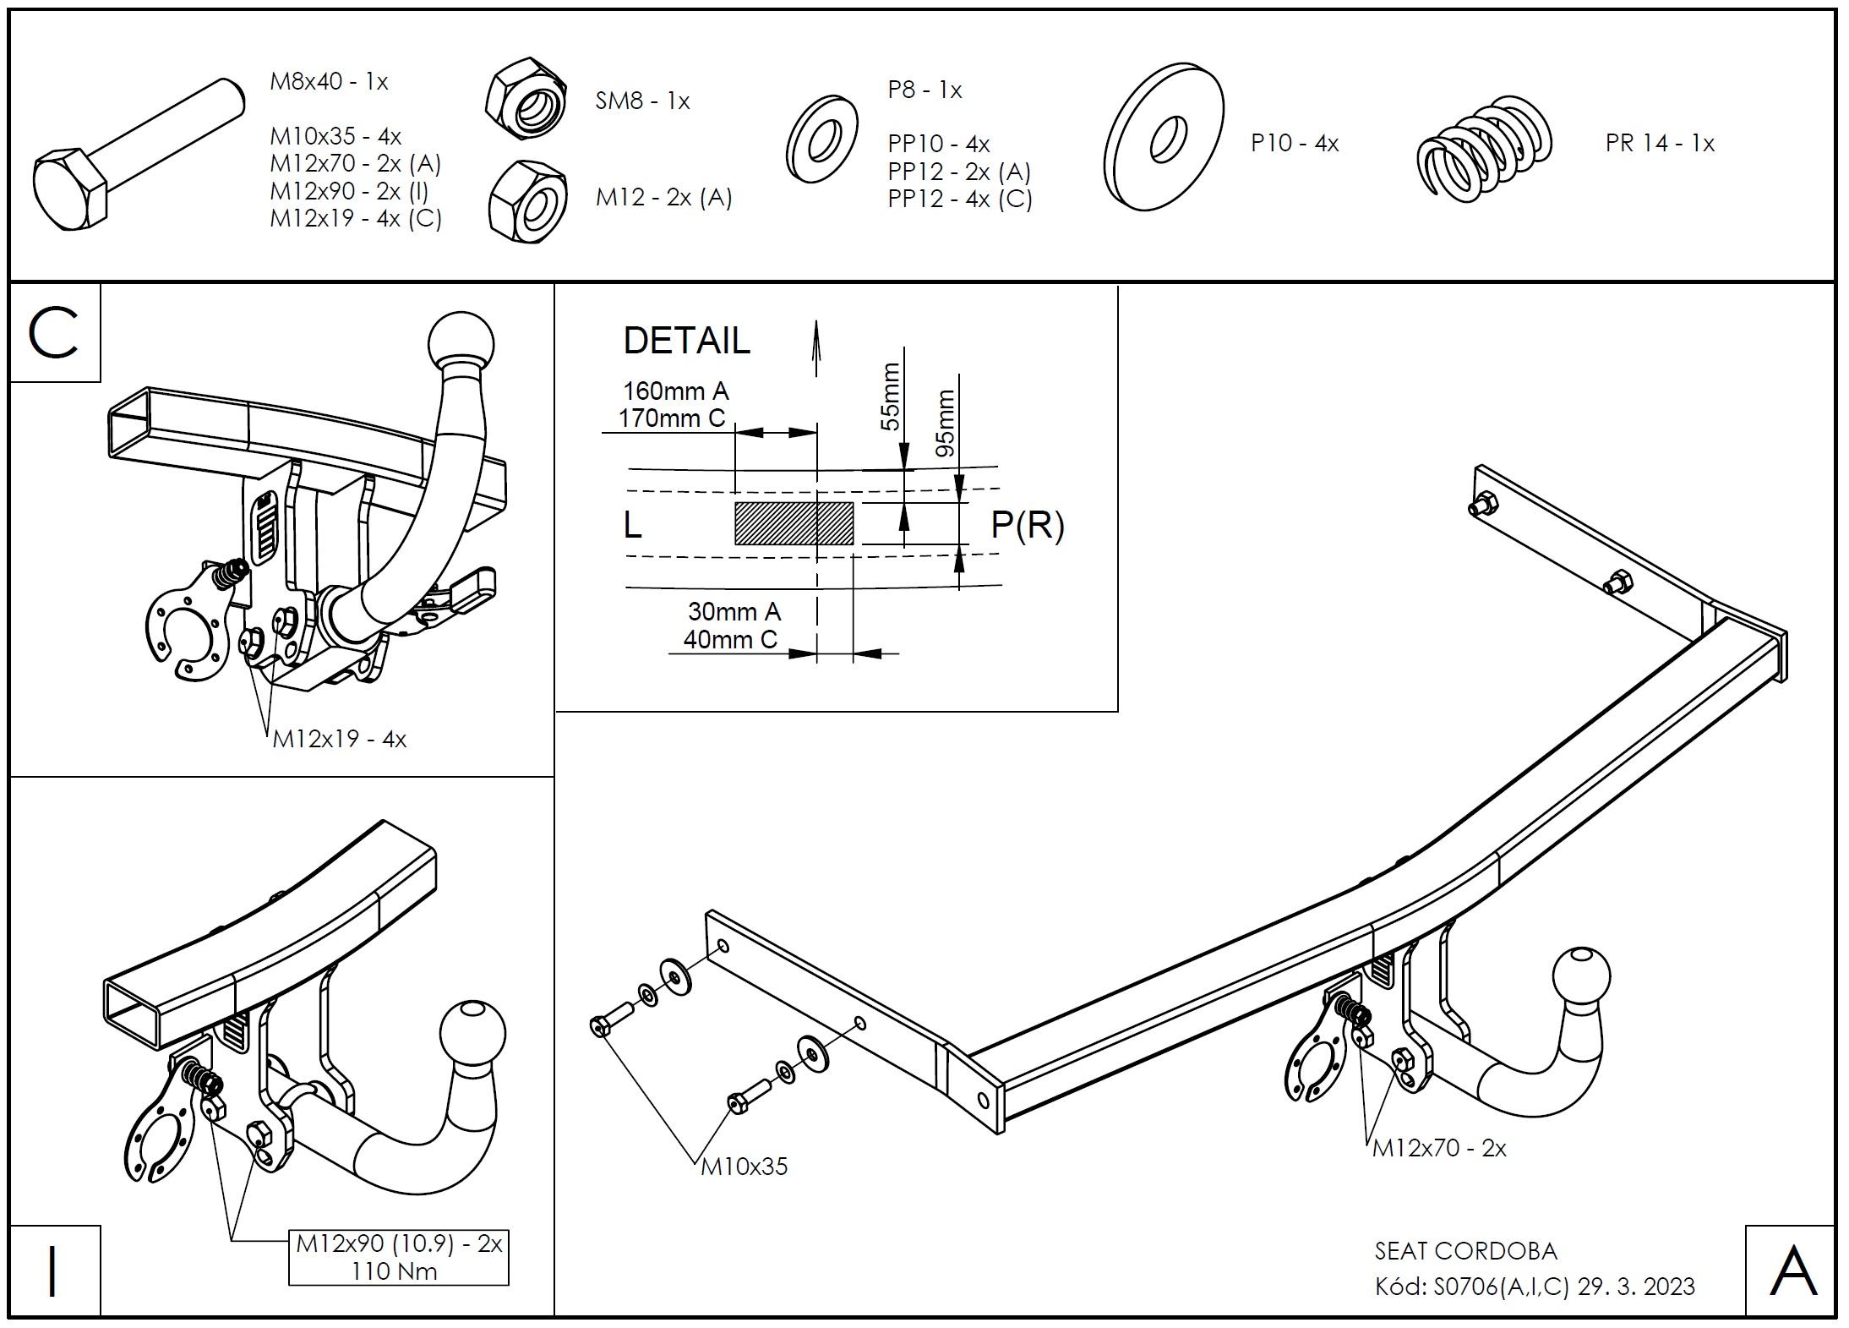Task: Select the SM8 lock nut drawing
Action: click(x=526, y=99)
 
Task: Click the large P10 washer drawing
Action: click(x=1163, y=137)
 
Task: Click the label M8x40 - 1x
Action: click(x=329, y=82)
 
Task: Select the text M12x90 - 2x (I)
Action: click(x=349, y=191)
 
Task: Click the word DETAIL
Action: click(x=686, y=341)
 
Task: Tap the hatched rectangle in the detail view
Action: click(x=794, y=523)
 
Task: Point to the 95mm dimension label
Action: click(x=946, y=423)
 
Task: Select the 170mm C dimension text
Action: click(x=672, y=418)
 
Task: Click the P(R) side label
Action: click(x=1027, y=525)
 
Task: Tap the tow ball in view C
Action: click(x=461, y=342)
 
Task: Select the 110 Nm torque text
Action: click(x=394, y=1271)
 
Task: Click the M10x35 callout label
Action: click(x=744, y=1167)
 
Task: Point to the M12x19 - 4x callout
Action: click(x=339, y=740)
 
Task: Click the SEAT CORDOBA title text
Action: click(x=1465, y=1251)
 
